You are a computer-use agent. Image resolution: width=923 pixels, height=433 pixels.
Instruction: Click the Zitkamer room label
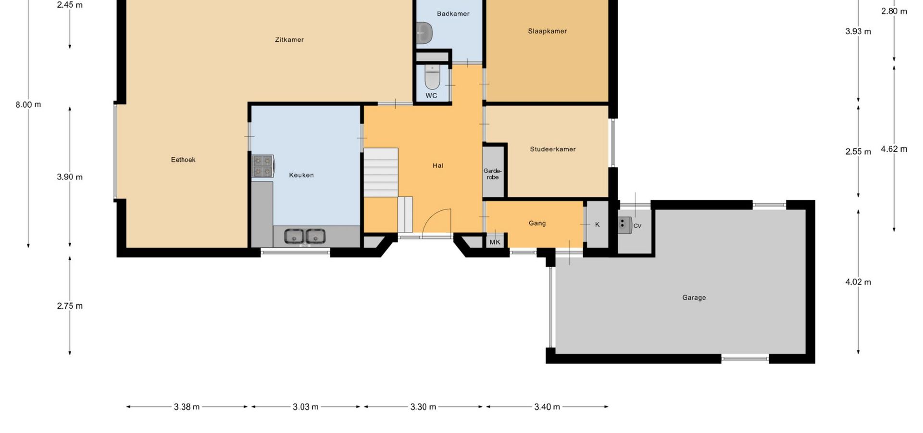[x=289, y=40]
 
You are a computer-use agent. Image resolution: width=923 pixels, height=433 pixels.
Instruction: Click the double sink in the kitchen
[x=304, y=237]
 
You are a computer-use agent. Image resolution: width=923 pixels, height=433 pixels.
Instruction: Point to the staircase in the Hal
[x=381, y=172]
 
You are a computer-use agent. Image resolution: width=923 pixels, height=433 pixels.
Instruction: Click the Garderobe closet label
[x=492, y=174]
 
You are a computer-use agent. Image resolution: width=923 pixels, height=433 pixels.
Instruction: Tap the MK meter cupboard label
[x=495, y=242]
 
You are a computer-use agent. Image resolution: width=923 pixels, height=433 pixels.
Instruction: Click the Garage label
[x=694, y=298]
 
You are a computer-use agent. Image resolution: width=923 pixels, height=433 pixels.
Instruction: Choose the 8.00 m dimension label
[x=28, y=104]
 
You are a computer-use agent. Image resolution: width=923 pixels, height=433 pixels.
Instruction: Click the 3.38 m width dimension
[x=187, y=407]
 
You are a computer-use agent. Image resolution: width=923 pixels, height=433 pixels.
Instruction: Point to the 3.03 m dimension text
[x=306, y=407]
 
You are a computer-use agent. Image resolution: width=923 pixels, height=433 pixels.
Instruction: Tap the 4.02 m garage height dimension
[x=858, y=282]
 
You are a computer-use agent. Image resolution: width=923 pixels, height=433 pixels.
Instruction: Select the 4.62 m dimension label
[x=894, y=149]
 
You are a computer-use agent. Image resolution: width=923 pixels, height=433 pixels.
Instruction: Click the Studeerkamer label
[x=553, y=149]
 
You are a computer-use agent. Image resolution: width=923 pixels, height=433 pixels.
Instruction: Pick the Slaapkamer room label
[x=547, y=31]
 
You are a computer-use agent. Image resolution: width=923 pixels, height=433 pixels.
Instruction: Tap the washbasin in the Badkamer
[x=424, y=33]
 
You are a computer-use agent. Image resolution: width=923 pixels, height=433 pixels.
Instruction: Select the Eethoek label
[x=183, y=160]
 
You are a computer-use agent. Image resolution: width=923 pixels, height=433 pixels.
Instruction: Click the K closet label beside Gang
[x=598, y=225]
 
